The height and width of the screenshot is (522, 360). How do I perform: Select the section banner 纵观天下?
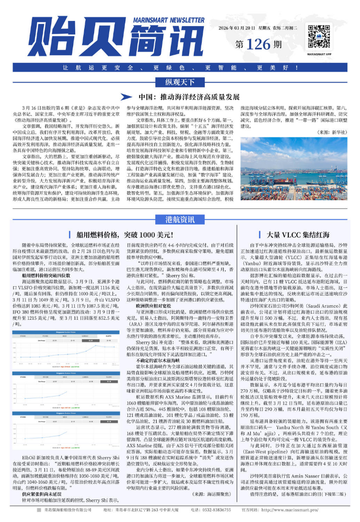point(180,83)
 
